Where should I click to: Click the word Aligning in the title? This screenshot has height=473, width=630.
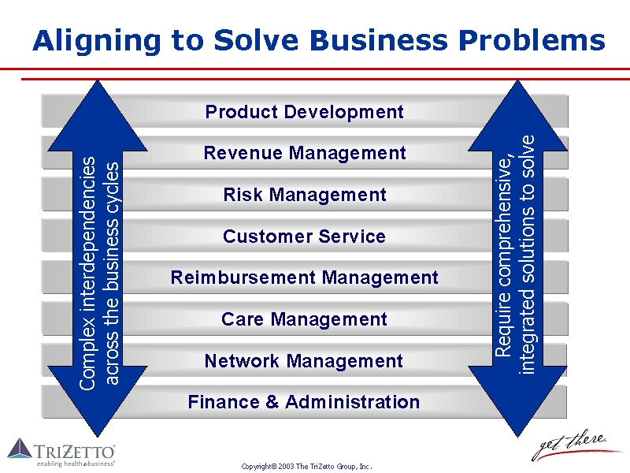pos(97,41)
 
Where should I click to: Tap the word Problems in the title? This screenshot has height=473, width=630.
pos(532,40)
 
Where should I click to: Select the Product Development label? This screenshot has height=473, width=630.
pos(304,112)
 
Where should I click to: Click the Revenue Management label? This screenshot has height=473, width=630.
pos(305,153)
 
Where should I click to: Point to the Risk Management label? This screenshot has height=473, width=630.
pos(305,195)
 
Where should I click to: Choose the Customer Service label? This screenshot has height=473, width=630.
pos(304,236)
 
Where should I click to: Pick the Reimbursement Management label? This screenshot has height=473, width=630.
pos(304,277)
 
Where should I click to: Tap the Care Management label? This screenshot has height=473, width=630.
pos(304,319)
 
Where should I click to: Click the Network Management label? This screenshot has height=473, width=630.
pos(304,361)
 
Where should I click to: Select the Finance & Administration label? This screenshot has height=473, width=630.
pos(304,402)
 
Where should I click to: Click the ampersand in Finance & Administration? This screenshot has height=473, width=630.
pos(272,402)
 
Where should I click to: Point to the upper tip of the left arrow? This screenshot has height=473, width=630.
pos(97,80)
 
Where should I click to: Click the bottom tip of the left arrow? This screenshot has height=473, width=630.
pos(97,438)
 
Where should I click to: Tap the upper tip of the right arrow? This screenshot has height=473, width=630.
pos(518,80)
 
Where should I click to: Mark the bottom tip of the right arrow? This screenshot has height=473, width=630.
pos(518,438)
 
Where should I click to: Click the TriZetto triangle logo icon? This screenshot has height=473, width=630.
pos(20,448)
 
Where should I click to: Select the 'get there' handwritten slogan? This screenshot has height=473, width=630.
pos(575,445)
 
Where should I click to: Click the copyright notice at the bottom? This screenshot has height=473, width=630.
pos(306,467)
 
